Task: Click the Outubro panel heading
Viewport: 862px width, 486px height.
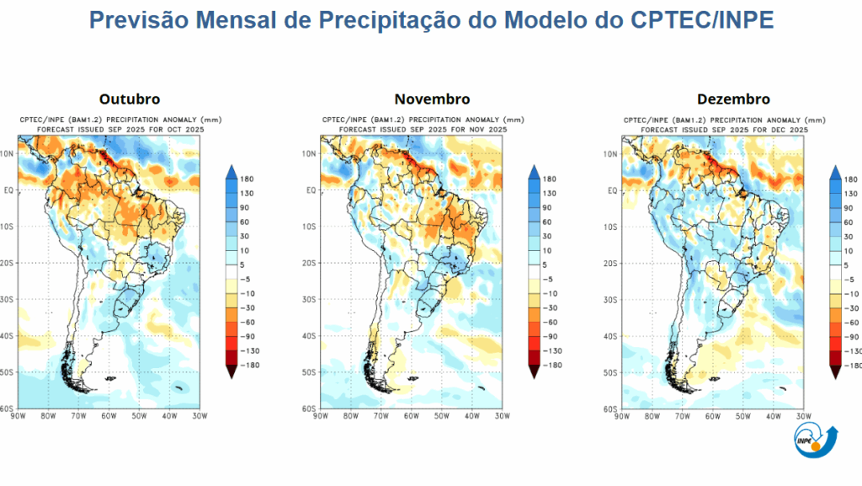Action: [x=129, y=99]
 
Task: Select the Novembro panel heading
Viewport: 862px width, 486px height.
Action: [x=432, y=99]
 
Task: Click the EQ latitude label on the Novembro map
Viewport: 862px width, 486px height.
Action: [x=311, y=190]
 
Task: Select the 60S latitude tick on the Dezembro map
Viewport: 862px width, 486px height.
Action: [x=612, y=409]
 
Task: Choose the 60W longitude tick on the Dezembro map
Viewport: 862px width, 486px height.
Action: [x=711, y=416]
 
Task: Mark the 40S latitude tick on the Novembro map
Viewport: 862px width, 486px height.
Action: [x=310, y=336]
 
